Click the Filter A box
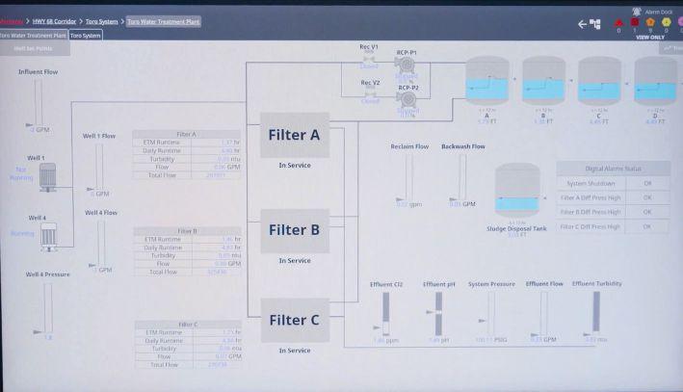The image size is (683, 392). [x=294, y=135]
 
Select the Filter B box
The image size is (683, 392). [x=294, y=230]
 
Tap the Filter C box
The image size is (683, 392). [x=294, y=321]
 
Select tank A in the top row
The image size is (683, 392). [x=486, y=81]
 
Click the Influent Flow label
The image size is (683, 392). [x=39, y=71]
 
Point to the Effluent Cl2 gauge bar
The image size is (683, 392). [x=384, y=312]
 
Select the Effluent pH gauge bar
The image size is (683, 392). [x=437, y=312]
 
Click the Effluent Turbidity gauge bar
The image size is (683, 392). [x=595, y=312]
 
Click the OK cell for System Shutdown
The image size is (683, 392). [x=647, y=183]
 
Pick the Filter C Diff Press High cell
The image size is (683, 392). [x=591, y=226]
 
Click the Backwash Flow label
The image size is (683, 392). [x=462, y=146]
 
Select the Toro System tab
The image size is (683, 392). [x=86, y=35]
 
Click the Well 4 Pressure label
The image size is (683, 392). [x=47, y=274]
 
